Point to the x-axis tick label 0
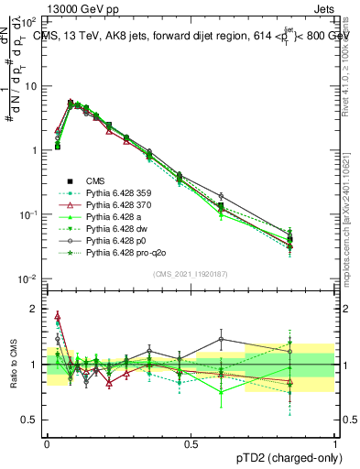pos(47,442)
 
